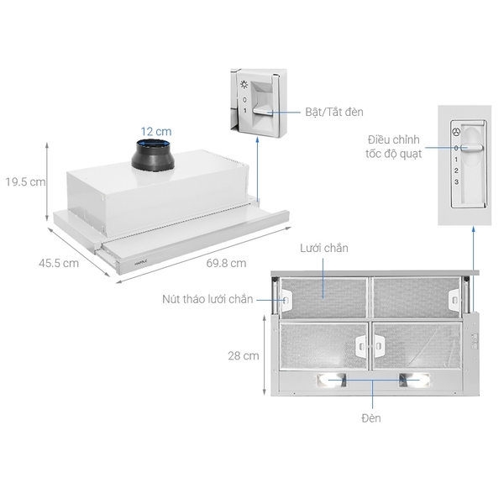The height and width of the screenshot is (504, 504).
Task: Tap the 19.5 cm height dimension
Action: (25, 181)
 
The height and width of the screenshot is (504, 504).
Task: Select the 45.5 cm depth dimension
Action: (59, 263)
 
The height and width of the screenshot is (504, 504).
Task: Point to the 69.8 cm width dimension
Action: (226, 263)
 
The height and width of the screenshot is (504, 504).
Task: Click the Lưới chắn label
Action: (323, 249)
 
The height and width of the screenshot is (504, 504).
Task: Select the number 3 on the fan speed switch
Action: (456, 181)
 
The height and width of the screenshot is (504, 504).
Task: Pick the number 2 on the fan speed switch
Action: (456, 170)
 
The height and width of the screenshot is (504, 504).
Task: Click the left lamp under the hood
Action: (330, 381)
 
